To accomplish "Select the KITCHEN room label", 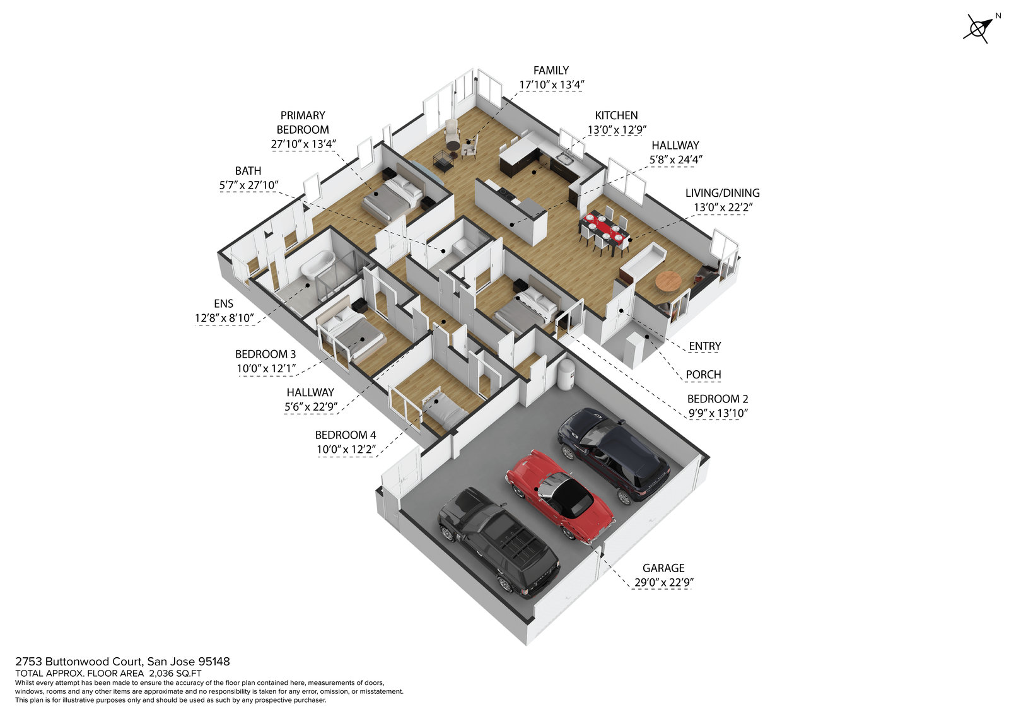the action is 616,115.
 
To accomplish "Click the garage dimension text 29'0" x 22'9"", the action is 663,583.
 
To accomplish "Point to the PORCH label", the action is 703,375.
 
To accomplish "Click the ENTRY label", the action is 704,346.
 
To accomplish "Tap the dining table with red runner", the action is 604,230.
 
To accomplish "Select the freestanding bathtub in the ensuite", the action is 317,265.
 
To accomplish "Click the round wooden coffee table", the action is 668,281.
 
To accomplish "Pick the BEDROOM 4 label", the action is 346,435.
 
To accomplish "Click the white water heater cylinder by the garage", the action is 565,374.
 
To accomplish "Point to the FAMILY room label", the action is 551,71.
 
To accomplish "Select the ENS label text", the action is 223,304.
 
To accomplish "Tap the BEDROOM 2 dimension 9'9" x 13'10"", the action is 718,414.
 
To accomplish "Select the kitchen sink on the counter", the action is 565,158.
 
